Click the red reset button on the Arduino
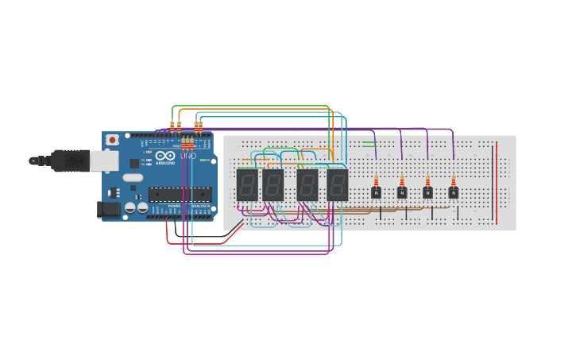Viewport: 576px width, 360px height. pos(112,140)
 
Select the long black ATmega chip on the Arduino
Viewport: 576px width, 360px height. pos(180,193)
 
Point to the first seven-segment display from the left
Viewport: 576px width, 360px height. pos(246,184)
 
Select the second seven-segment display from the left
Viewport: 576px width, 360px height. pos(273,184)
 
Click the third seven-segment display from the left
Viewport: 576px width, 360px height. pos(307,184)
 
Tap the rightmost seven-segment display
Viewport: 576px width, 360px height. pos(337,184)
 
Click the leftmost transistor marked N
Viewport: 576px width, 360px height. pos(376,192)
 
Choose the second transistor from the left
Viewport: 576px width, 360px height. pos(402,192)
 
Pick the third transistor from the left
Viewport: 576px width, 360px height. pos(427,192)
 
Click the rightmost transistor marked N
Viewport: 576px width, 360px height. pos(453,192)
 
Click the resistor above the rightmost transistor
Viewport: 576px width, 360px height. pos(453,181)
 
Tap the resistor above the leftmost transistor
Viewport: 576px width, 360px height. pos(376,181)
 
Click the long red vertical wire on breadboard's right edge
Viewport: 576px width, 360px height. pos(497,183)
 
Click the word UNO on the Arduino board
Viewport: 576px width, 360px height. pos(188,156)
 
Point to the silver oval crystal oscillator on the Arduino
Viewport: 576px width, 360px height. pos(133,178)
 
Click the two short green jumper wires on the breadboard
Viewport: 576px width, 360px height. pos(369,144)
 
